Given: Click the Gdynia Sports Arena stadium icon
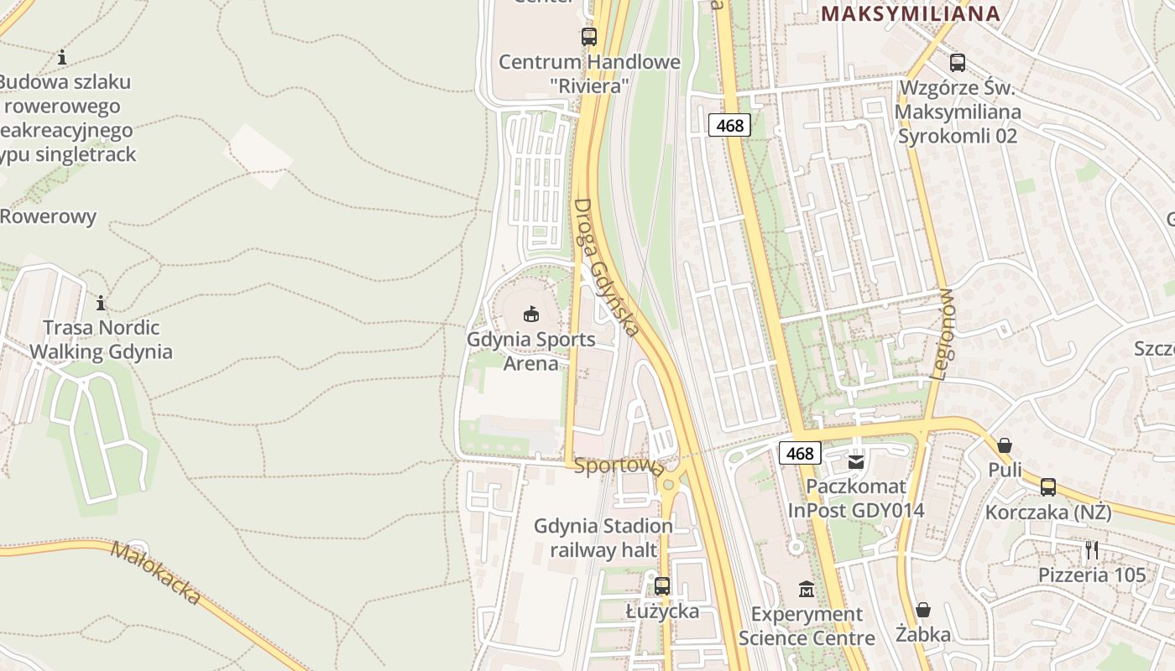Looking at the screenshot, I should coord(530,315).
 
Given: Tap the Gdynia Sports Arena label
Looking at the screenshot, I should coord(530,351).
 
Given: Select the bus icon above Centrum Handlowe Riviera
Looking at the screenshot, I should coord(588,36).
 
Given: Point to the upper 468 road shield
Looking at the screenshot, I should coord(729,126).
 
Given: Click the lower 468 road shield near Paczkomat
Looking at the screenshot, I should coord(800,454).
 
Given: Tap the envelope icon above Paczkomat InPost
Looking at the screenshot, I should coord(856,461).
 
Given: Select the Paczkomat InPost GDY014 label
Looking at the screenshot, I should coord(856,498).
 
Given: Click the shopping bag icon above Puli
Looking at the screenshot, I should coord(1004,445).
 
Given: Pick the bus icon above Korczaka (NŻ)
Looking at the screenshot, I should coord(1047,486).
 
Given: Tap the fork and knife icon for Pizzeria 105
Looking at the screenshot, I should coord(1091,549).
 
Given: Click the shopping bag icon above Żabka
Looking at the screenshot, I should coord(922,609).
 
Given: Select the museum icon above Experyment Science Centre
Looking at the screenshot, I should coord(807,589).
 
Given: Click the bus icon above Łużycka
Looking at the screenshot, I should coord(662,585).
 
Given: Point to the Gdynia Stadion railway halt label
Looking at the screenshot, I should coord(603,538).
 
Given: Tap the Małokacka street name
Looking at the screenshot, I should coord(156,574).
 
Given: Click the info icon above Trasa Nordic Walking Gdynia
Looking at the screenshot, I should coord(101,303).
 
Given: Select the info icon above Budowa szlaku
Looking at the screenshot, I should coord(61,58).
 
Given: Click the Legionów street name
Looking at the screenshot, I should coord(943,335).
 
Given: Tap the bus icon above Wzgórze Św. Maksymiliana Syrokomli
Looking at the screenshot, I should coord(957,62).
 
